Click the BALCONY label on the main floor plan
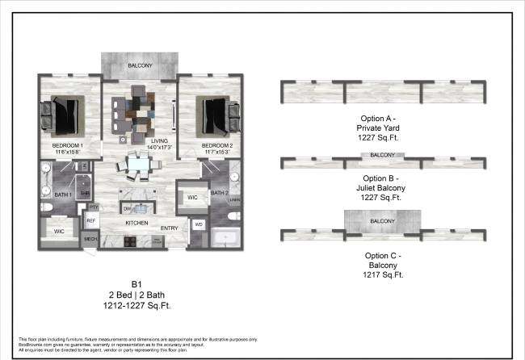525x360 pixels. click(138, 65)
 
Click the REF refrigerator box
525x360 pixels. click(90, 220)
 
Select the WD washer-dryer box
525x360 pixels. click(199, 224)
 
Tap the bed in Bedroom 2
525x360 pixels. click(213, 115)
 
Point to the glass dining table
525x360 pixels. click(138, 165)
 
